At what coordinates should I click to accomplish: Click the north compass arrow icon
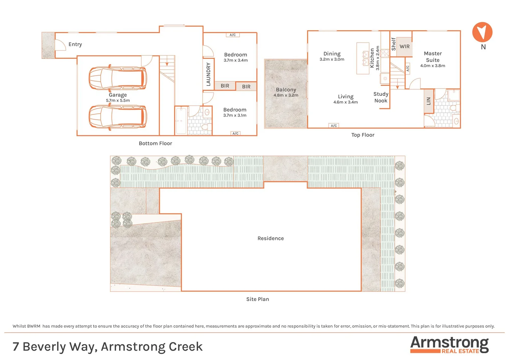point(482,32)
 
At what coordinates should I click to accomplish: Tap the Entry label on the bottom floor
point(75,44)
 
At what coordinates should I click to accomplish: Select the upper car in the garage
point(117,78)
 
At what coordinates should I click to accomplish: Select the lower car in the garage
point(117,117)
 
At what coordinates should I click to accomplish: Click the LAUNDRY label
point(209,74)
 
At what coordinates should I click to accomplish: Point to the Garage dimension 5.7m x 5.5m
point(118,100)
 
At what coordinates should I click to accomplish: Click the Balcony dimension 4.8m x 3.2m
point(286,95)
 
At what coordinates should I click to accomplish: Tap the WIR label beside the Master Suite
point(404,47)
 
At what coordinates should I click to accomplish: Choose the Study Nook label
point(381,97)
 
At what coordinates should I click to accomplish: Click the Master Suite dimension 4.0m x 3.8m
point(432,66)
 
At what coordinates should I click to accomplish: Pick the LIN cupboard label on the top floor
point(429,101)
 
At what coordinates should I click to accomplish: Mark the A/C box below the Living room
point(334,126)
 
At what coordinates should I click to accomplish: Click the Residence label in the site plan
point(270,238)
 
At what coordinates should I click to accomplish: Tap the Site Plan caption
point(257,299)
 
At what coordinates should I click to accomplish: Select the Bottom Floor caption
point(155,143)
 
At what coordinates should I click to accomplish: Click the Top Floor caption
point(363,135)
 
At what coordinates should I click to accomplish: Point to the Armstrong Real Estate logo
point(449,345)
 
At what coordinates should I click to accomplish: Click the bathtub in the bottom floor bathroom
point(181,120)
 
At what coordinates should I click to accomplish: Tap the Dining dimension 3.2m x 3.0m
point(332,59)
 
